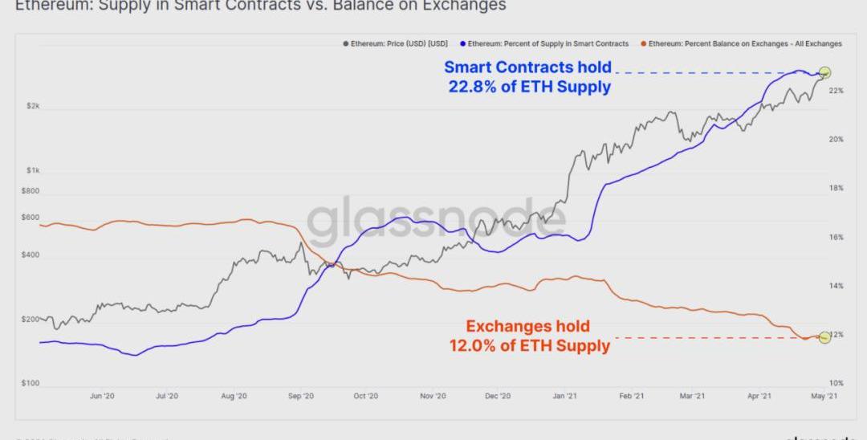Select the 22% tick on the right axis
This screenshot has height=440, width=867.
[836, 91]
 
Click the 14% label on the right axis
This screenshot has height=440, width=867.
[836, 286]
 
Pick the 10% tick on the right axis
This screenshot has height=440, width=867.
[836, 383]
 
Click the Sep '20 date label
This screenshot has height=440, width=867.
[299, 396]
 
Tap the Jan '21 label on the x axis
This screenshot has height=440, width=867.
[565, 396]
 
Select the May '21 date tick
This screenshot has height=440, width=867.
[820, 396]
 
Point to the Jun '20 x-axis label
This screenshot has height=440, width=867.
[102, 396]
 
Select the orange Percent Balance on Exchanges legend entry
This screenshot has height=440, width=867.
[745, 43]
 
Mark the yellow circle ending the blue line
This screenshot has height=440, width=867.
[824, 73]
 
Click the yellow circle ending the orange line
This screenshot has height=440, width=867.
[824, 337]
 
